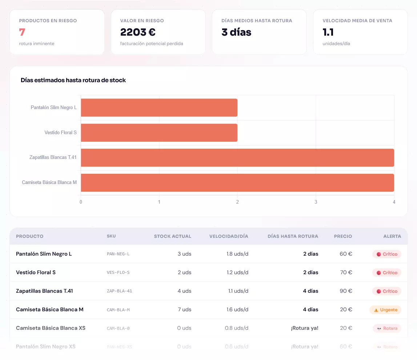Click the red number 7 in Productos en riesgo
coord(22,32)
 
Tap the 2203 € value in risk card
coord(138,32)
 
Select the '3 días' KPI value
coord(236,32)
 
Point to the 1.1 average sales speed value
coord(328,32)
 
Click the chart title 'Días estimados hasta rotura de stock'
coord(73,80)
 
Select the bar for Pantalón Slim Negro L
coord(159,108)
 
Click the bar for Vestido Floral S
coord(159,133)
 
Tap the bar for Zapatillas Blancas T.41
coord(237,157)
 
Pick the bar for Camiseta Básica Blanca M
coord(237,183)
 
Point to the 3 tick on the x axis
coord(316,202)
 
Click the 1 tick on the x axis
coord(159,202)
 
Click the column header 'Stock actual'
coord(172,236)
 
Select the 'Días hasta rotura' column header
coord(293,236)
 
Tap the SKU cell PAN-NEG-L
coord(118,254)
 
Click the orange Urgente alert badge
coord(385,310)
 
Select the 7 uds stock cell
coord(184,309)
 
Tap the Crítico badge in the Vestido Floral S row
coord(387,273)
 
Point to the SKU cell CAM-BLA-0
coord(118,328)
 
